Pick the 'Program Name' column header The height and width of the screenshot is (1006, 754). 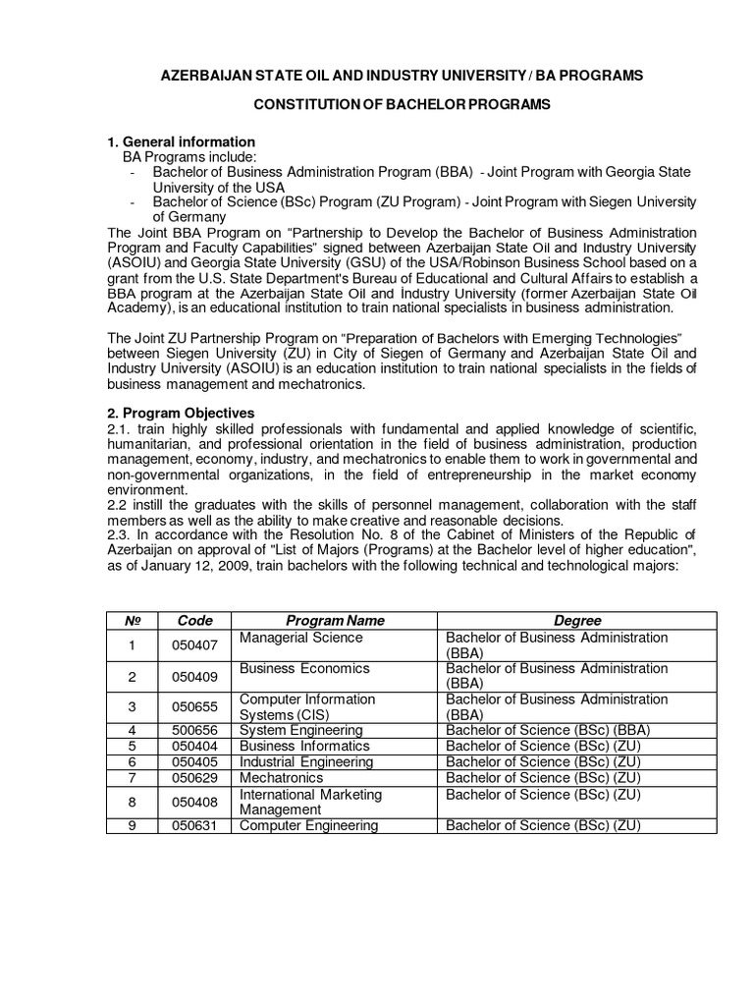point(335,621)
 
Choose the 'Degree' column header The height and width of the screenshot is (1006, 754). point(577,621)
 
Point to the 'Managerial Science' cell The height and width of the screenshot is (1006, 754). point(301,638)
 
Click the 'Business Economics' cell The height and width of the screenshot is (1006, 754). point(305,669)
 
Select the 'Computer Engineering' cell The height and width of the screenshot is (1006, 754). point(309,825)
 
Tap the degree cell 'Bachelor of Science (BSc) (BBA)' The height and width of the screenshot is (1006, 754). point(547,730)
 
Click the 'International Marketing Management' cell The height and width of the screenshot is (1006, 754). point(311,802)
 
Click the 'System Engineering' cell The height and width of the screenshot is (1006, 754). point(301,730)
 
